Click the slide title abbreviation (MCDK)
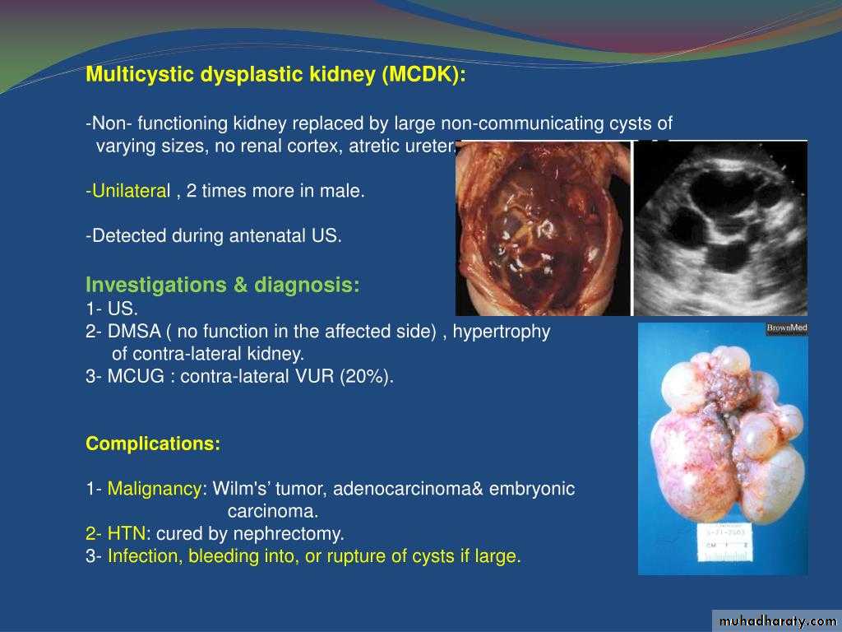pos(423,74)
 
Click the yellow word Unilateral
pos(131,191)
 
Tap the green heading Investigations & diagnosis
pos(223,285)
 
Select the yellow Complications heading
pos(153,444)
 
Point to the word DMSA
pos(134,331)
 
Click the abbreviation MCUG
pos(136,376)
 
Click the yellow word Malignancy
pos(155,489)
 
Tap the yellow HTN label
pos(126,533)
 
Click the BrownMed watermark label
pos(787,328)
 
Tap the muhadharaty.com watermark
pos(777,621)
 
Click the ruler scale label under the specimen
pos(725,542)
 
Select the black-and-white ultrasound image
pos(720,228)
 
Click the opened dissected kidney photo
pos(543,229)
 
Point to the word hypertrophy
pos(502,332)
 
